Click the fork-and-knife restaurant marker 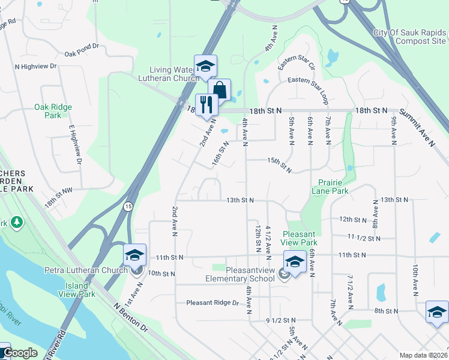click(206, 104)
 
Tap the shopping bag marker click(220, 91)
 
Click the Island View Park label click(77, 289)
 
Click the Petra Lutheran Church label click(84, 269)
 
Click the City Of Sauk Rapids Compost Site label click(409, 37)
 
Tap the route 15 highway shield click(128, 206)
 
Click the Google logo click(20, 353)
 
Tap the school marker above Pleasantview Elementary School click(294, 262)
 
